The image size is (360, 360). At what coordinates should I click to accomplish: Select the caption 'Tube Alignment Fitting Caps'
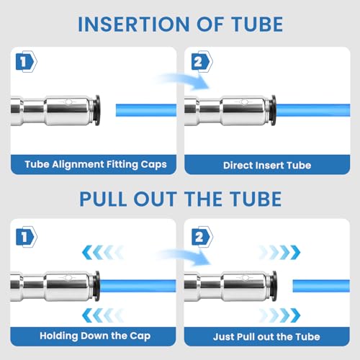tap(96, 164)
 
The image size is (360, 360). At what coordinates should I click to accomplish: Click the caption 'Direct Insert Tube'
tap(267, 166)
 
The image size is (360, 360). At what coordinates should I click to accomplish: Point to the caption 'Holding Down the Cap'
tap(95, 336)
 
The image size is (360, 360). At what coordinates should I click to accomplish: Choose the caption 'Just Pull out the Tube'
tap(266, 337)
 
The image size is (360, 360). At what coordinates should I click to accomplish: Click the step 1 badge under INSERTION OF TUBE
tap(27, 62)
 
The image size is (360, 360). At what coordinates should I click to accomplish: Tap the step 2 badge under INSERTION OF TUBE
tap(202, 62)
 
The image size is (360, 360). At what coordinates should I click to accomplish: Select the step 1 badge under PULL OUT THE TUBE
tap(27, 237)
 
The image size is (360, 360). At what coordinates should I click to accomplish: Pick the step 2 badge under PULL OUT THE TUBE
tap(202, 237)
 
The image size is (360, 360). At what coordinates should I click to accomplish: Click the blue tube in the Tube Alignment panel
tap(146, 110)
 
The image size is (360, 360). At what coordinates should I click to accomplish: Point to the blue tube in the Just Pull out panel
tap(321, 286)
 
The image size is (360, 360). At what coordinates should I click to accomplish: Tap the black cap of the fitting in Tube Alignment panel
tap(97, 110)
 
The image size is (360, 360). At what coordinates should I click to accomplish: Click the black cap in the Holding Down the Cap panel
tap(97, 286)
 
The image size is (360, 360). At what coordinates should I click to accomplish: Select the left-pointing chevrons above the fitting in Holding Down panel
tap(103, 253)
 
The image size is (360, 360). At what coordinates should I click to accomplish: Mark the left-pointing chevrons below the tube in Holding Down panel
tap(103, 315)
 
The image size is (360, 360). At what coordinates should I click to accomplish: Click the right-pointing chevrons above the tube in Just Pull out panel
tap(279, 253)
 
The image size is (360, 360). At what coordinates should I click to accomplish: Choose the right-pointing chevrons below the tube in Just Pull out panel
tap(279, 315)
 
